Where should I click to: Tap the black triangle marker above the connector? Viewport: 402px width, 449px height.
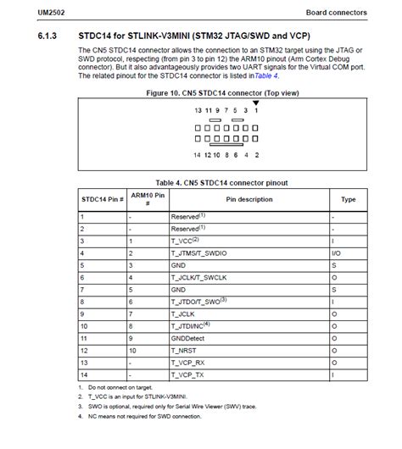point(255,103)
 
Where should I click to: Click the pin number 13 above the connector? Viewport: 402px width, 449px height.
point(198,111)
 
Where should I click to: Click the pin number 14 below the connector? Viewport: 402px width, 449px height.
point(198,154)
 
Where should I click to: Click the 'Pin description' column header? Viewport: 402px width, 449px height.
point(249,200)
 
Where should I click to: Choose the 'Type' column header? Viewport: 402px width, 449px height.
point(348,200)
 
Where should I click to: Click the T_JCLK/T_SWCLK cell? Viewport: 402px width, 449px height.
point(198,277)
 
